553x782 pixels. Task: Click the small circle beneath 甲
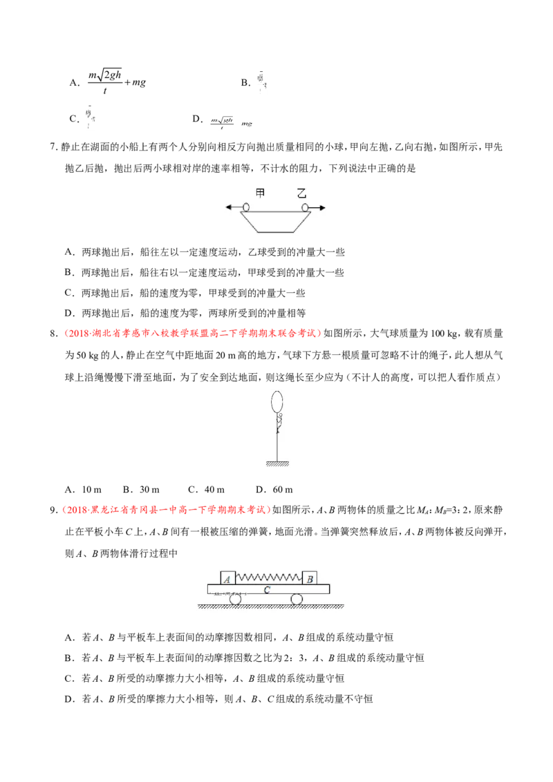coord(245,207)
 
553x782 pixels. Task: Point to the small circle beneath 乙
coord(305,207)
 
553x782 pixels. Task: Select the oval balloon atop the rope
coord(276,401)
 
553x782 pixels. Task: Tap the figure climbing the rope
coord(279,423)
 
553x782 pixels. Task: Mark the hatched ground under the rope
coord(276,464)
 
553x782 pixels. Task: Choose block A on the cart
coord(228,578)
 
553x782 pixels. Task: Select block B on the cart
coord(310,578)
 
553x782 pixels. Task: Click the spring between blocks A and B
coord(269,577)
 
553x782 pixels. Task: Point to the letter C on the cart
coord(267,589)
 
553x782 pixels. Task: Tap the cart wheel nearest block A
coord(236,599)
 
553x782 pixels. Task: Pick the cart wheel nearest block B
coord(297,599)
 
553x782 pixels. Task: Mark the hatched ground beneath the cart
coord(276,607)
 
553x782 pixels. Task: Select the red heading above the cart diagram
coord(167,510)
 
